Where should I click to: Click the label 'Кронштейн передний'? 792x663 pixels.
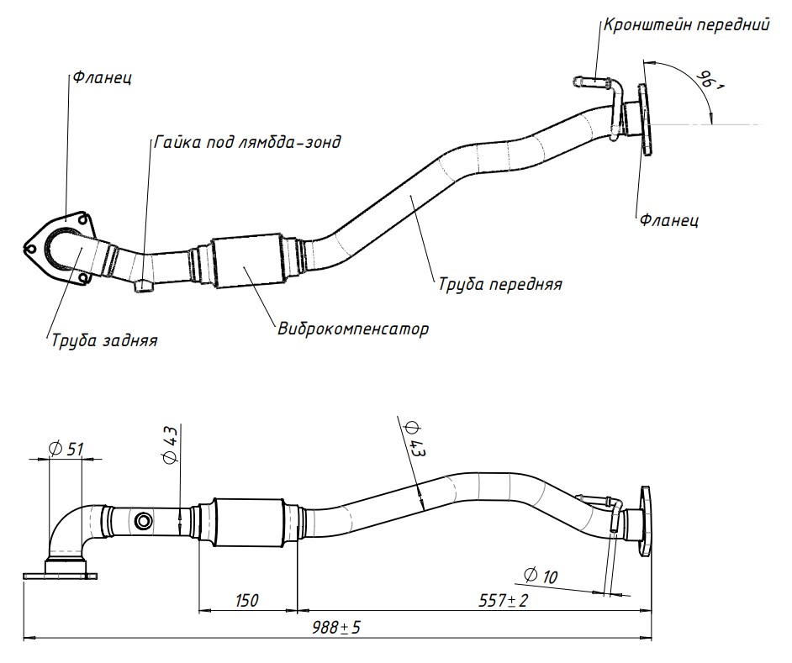(x=686, y=24)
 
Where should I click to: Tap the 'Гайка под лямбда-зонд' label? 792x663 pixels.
(x=247, y=141)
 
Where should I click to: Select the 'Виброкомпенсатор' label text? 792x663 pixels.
(x=353, y=328)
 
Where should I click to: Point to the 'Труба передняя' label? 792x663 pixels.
(x=499, y=284)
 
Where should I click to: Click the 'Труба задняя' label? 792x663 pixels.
(x=104, y=340)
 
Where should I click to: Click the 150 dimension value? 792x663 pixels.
(x=246, y=600)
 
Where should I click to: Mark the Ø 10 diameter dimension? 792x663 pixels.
(x=540, y=576)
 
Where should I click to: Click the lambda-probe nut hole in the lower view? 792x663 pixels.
(x=144, y=522)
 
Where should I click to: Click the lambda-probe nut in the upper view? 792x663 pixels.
(x=143, y=288)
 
